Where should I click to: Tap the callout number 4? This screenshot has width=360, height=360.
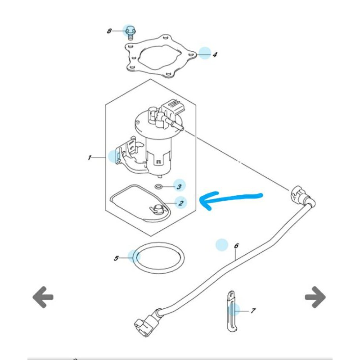[x=215, y=55]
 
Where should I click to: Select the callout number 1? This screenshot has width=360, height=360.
[x=90, y=157]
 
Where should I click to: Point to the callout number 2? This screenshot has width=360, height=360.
[x=180, y=203]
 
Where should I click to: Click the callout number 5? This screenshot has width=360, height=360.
[x=116, y=258]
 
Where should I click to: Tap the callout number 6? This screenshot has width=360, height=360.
[x=236, y=246]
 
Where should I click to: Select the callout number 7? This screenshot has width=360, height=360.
[x=253, y=310]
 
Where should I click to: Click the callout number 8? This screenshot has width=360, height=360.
[x=109, y=31]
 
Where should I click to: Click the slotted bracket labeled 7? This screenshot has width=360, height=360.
[x=230, y=310]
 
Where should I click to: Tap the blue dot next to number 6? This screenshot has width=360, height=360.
[x=221, y=245]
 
